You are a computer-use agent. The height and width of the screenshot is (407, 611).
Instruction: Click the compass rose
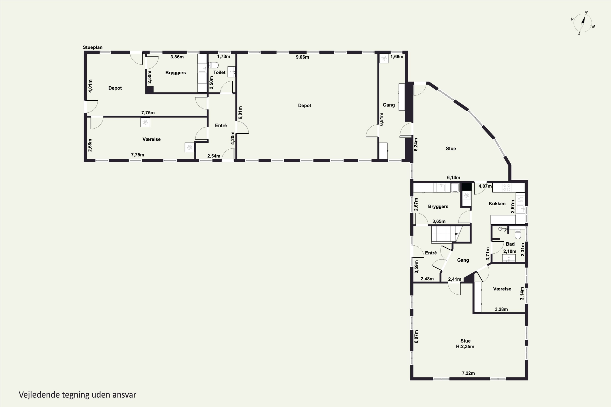coord(583,23)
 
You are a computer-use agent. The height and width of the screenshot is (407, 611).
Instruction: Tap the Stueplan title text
coord(92,47)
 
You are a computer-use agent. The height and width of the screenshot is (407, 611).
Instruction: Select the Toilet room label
coord(219,72)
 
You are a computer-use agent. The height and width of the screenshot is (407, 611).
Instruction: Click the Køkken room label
coord(497,203)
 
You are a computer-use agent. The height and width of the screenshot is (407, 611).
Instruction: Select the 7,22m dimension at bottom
coord(468,373)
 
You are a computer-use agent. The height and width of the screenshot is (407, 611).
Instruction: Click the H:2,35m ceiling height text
coord(465,347)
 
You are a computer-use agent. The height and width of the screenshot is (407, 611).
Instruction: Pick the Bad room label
coord(510,244)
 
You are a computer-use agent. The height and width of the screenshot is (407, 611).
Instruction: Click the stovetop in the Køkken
coord(507,188)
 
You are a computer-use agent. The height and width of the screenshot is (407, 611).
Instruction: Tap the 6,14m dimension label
coord(453,177)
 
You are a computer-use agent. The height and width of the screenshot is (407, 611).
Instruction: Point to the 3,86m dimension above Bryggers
coord(177,57)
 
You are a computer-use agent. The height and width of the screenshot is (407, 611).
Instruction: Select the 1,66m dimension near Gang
coord(397,57)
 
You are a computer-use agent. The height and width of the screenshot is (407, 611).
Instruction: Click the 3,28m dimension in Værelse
coord(501,309)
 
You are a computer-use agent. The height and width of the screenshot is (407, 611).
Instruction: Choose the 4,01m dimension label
coord(90,86)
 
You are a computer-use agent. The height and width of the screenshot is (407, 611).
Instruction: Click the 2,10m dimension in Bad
coord(510,251)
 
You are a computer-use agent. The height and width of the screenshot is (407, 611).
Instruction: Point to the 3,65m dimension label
coord(439,221)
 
